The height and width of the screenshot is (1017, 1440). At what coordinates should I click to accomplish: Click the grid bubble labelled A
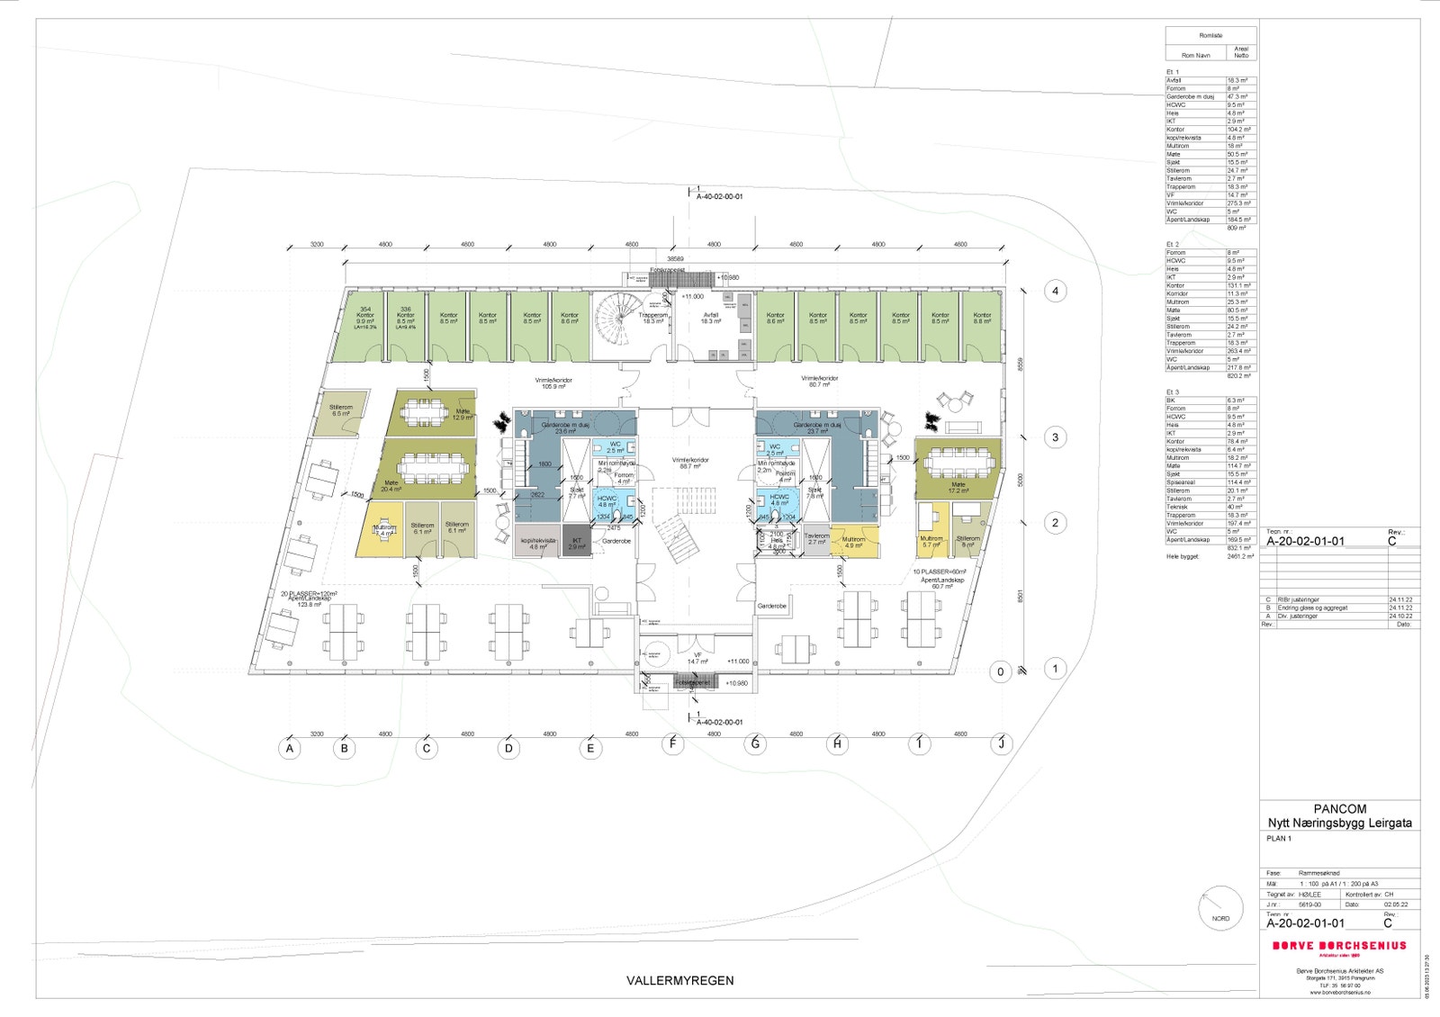pos(289,748)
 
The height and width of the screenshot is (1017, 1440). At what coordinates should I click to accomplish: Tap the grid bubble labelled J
pos(1002,744)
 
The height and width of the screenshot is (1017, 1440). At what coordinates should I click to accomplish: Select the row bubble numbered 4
pos(1055,291)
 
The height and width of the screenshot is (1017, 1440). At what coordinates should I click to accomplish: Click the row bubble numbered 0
pos(1000,671)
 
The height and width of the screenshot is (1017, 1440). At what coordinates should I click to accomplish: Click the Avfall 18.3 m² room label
pos(711,318)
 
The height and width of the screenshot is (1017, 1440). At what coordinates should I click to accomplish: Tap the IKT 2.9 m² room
pos(577,544)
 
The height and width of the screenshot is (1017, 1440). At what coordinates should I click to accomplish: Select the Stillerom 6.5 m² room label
pos(341,410)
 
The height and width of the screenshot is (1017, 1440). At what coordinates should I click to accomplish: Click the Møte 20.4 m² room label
pos(391,486)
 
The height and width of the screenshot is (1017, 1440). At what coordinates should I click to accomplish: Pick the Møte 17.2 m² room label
pos(958,488)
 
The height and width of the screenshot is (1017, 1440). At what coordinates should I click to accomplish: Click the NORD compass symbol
pos(1220,908)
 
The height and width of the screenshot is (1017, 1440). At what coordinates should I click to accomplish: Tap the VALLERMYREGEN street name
pos(679,981)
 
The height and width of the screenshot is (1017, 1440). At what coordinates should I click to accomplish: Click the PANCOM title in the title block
pos(1339,809)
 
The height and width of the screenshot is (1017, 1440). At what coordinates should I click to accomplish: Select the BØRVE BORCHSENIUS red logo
pos(1338,946)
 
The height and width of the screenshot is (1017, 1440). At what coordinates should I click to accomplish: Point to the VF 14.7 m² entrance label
pos(697,659)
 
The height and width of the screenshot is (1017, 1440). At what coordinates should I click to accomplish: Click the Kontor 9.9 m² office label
pos(364,318)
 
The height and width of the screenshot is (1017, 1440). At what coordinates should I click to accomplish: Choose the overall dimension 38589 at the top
pos(674,258)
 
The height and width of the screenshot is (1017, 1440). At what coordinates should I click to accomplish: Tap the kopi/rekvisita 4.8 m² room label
pos(538,544)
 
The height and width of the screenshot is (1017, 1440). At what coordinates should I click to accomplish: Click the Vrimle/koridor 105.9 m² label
pos(553,382)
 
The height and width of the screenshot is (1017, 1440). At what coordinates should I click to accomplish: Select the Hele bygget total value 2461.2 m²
pos(1240,557)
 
